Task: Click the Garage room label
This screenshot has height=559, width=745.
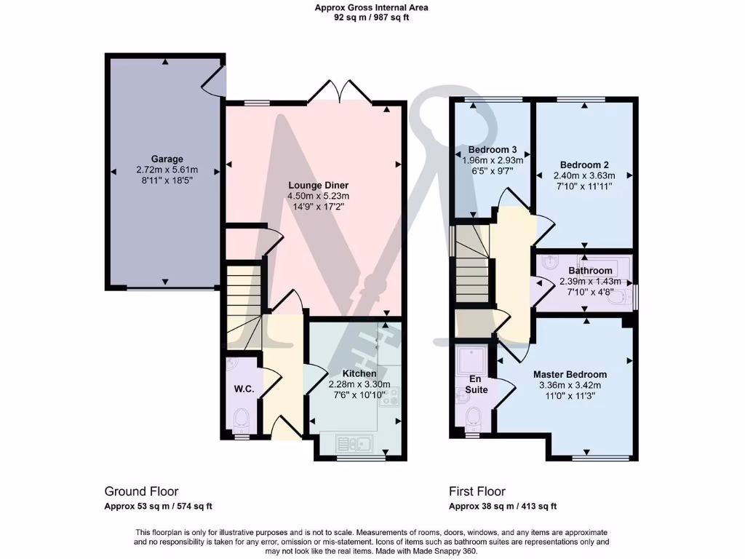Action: click(x=167, y=159)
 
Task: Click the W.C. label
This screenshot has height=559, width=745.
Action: click(x=244, y=389)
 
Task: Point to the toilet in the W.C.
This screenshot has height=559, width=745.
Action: click(x=242, y=418)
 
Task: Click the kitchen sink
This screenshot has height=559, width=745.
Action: click(x=354, y=442)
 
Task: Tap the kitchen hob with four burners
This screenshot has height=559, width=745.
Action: click(x=390, y=397)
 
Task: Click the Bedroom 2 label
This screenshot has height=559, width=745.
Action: click(x=584, y=164)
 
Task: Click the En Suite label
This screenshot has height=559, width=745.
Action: click(x=474, y=384)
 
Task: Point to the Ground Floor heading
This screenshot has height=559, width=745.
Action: click(x=141, y=491)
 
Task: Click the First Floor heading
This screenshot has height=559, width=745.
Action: click(x=477, y=491)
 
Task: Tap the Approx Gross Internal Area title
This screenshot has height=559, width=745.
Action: click(x=371, y=7)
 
